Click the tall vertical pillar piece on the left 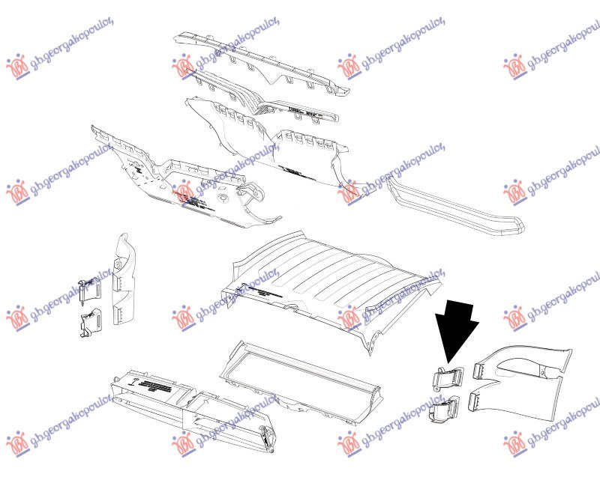(125, 281)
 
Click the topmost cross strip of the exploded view (262, 64)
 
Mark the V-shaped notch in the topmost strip (286, 79)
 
